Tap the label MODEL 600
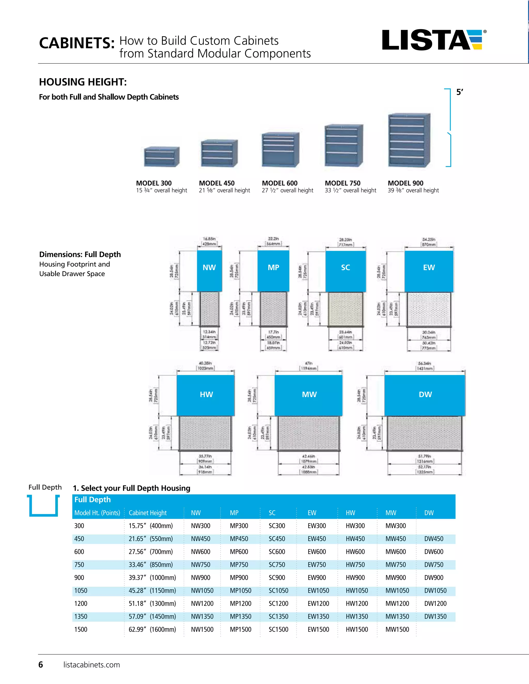pos(279,183)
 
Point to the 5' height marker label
pos(460,92)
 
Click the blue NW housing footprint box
pos(209,271)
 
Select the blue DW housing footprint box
pos(425,395)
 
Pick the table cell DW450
pos(434,539)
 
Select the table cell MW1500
pos(397,630)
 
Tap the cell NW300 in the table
pos(200,526)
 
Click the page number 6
pos(41,665)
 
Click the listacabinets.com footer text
pos(91,665)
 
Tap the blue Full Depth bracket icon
pos(44,505)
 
